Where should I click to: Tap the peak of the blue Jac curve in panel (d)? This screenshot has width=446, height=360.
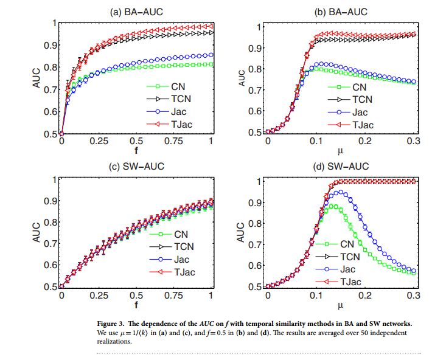click(x=342, y=192)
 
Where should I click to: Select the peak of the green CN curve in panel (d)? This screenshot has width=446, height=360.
click(x=332, y=207)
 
